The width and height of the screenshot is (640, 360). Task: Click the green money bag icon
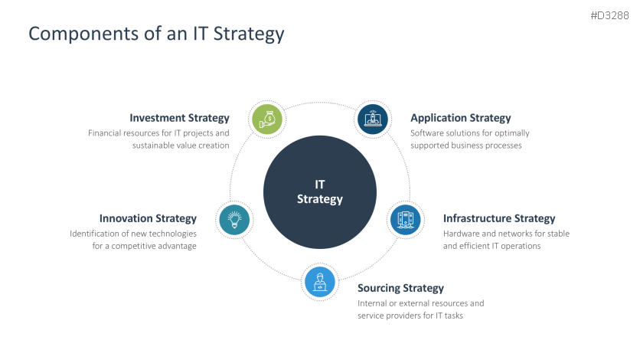pyautogui.click(x=268, y=119)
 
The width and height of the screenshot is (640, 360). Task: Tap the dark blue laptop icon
pyautogui.click(x=373, y=119)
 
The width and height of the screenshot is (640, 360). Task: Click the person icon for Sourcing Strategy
pyautogui.click(x=320, y=283)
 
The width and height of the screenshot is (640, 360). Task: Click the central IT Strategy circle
pyautogui.click(x=320, y=192)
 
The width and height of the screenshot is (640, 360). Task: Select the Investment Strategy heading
pyautogui.click(x=179, y=118)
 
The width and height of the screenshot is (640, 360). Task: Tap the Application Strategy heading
pyautogui.click(x=460, y=118)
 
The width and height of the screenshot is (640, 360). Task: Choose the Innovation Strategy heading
pyautogui.click(x=148, y=218)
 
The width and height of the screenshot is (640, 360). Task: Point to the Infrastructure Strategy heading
pyautogui.click(x=499, y=218)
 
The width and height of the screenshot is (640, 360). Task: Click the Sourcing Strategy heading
pyautogui.click(x=400, y=288)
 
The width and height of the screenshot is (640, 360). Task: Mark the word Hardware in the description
pyautogui.click(x=462, y=234)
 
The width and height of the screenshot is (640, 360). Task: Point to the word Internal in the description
pyautogui.click(x=374, y=303)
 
